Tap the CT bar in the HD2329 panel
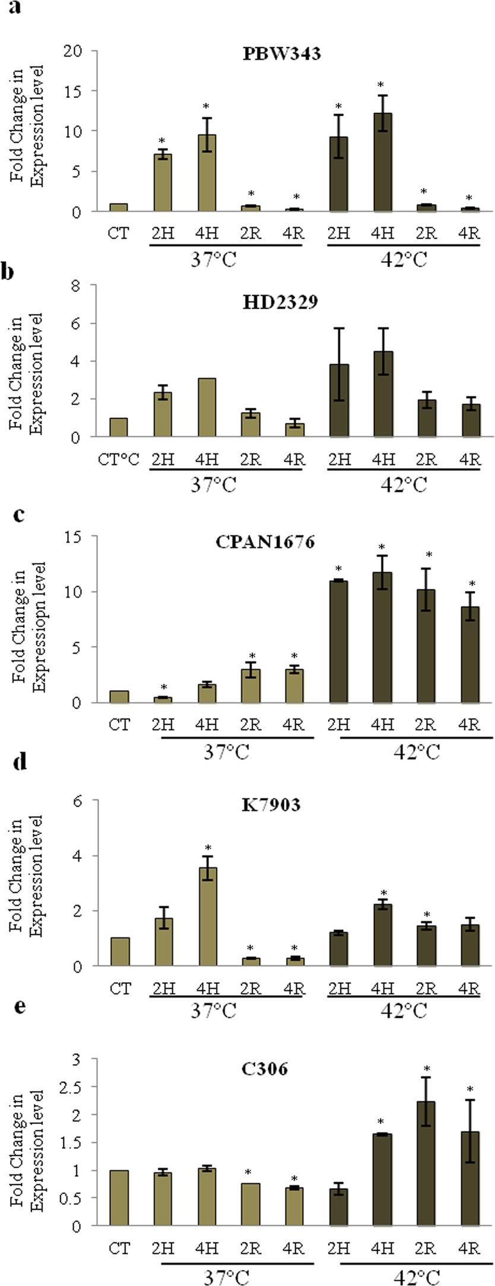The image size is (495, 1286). (119, 427)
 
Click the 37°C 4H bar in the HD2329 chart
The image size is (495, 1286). (207, 407)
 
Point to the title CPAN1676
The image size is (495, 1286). (281, 542)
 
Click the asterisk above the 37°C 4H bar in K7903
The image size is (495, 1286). (208, 847)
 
